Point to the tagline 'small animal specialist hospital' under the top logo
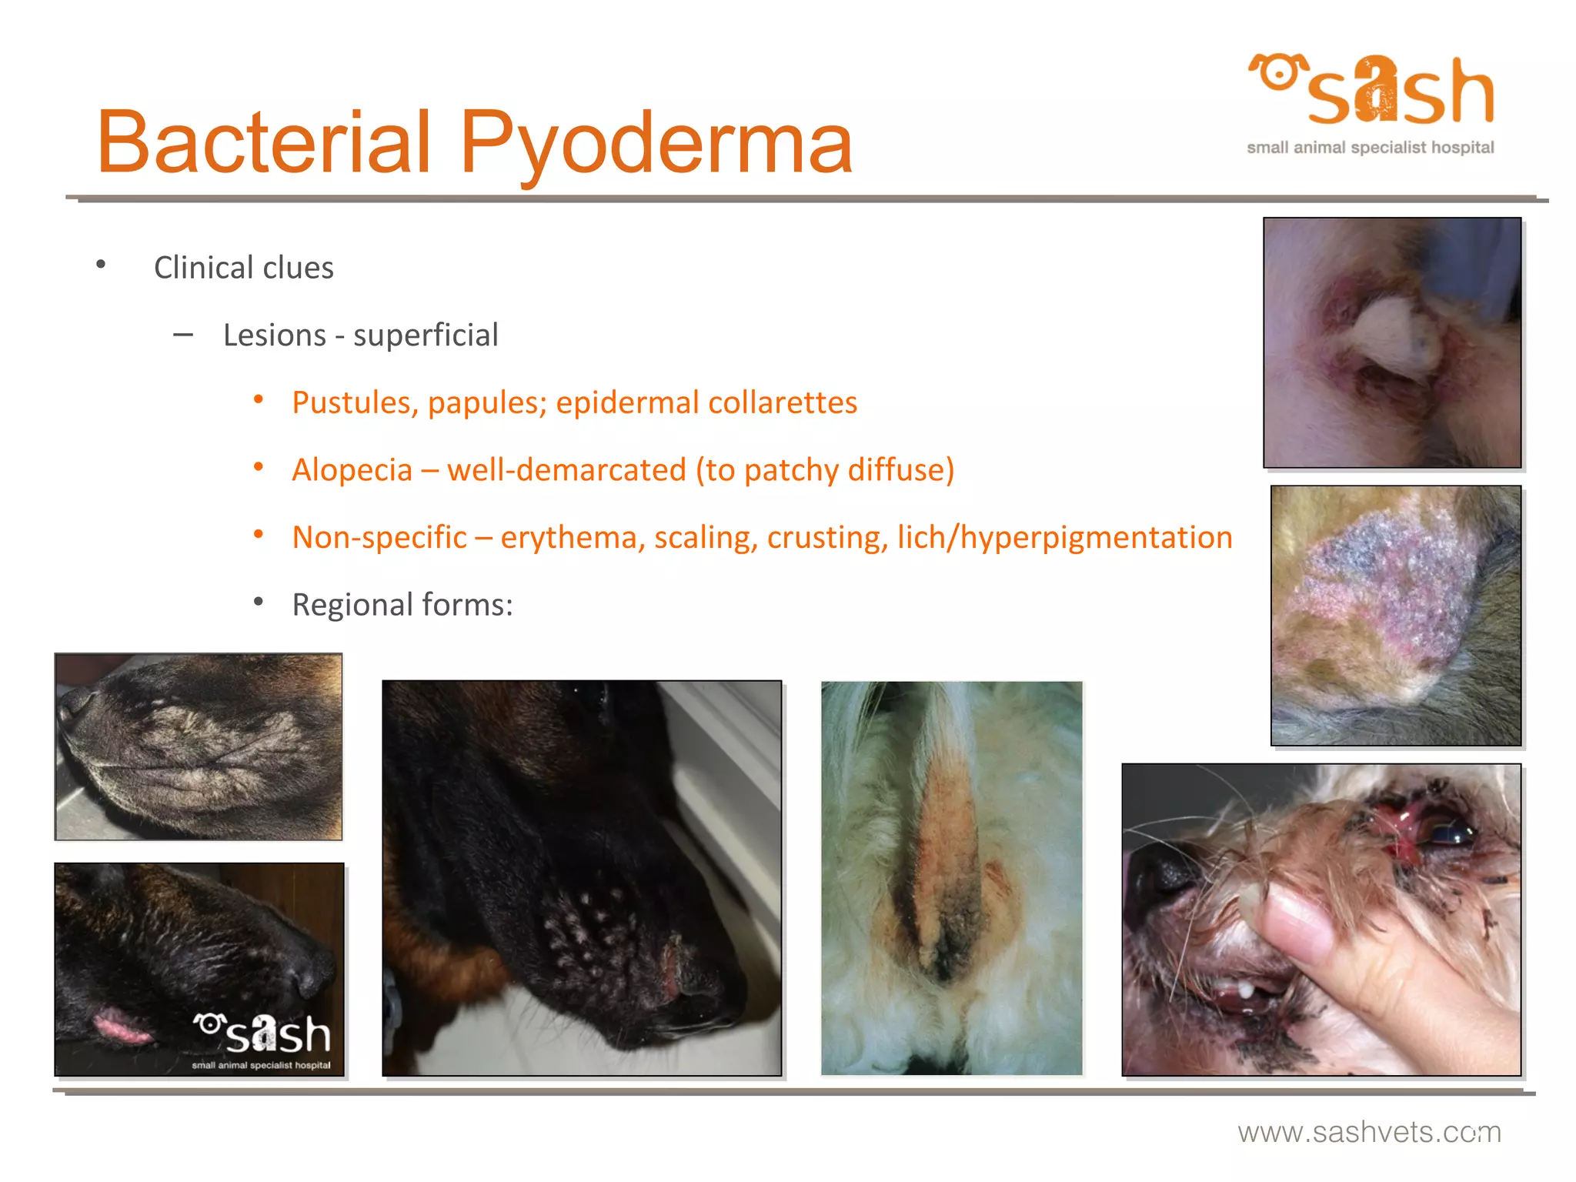click(x=1370, y=148)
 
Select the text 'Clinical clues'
click(x=243, y=268)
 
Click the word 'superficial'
click(x=426, y=336)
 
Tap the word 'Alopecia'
click(x=352, y=470)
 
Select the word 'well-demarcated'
click(x=566, y=470)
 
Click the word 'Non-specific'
click(x=379, y=537)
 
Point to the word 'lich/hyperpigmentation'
click(x=1065, y=537)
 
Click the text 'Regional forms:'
click(x=402, y=605)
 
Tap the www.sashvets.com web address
click(x=1369, y=1132)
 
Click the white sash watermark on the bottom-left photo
click(x=263, y=1036)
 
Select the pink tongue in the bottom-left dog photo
click(x=121, y=1028)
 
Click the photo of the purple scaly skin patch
click(x=1395, y=615)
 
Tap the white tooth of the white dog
click(x=1244, y=992)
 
